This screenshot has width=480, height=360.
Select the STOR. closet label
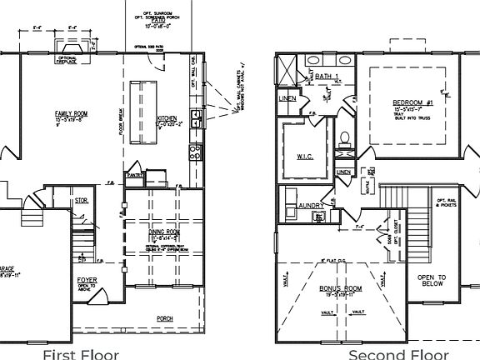tap(81, 200)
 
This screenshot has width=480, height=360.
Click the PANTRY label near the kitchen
tap(132, 175)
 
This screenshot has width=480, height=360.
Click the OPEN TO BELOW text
tap(432, 280)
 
